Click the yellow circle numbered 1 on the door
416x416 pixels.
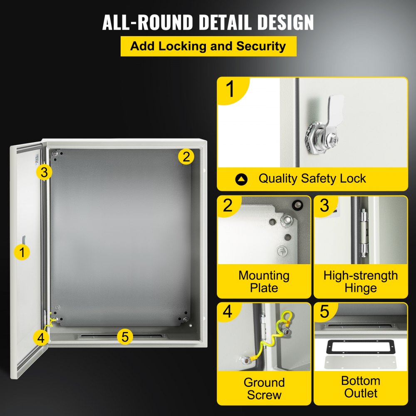[x=22, y=252]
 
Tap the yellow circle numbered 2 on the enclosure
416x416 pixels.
[x=186, y=157]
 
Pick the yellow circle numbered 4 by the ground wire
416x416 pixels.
[x=40, y=337]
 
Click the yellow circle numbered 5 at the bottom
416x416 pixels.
[x=125, y=336]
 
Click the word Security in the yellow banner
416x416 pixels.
[x=261, y=46]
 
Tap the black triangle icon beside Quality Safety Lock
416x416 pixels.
[x=241, y=179]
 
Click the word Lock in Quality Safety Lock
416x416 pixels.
[x=352, y=178]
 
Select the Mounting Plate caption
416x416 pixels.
[x=264, y=282]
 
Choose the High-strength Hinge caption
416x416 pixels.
[x=360, y=282]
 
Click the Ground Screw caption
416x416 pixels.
[x=264, y=389]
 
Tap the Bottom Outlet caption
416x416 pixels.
[x=360, y=387]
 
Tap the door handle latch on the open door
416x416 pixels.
[x=24, y=240]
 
